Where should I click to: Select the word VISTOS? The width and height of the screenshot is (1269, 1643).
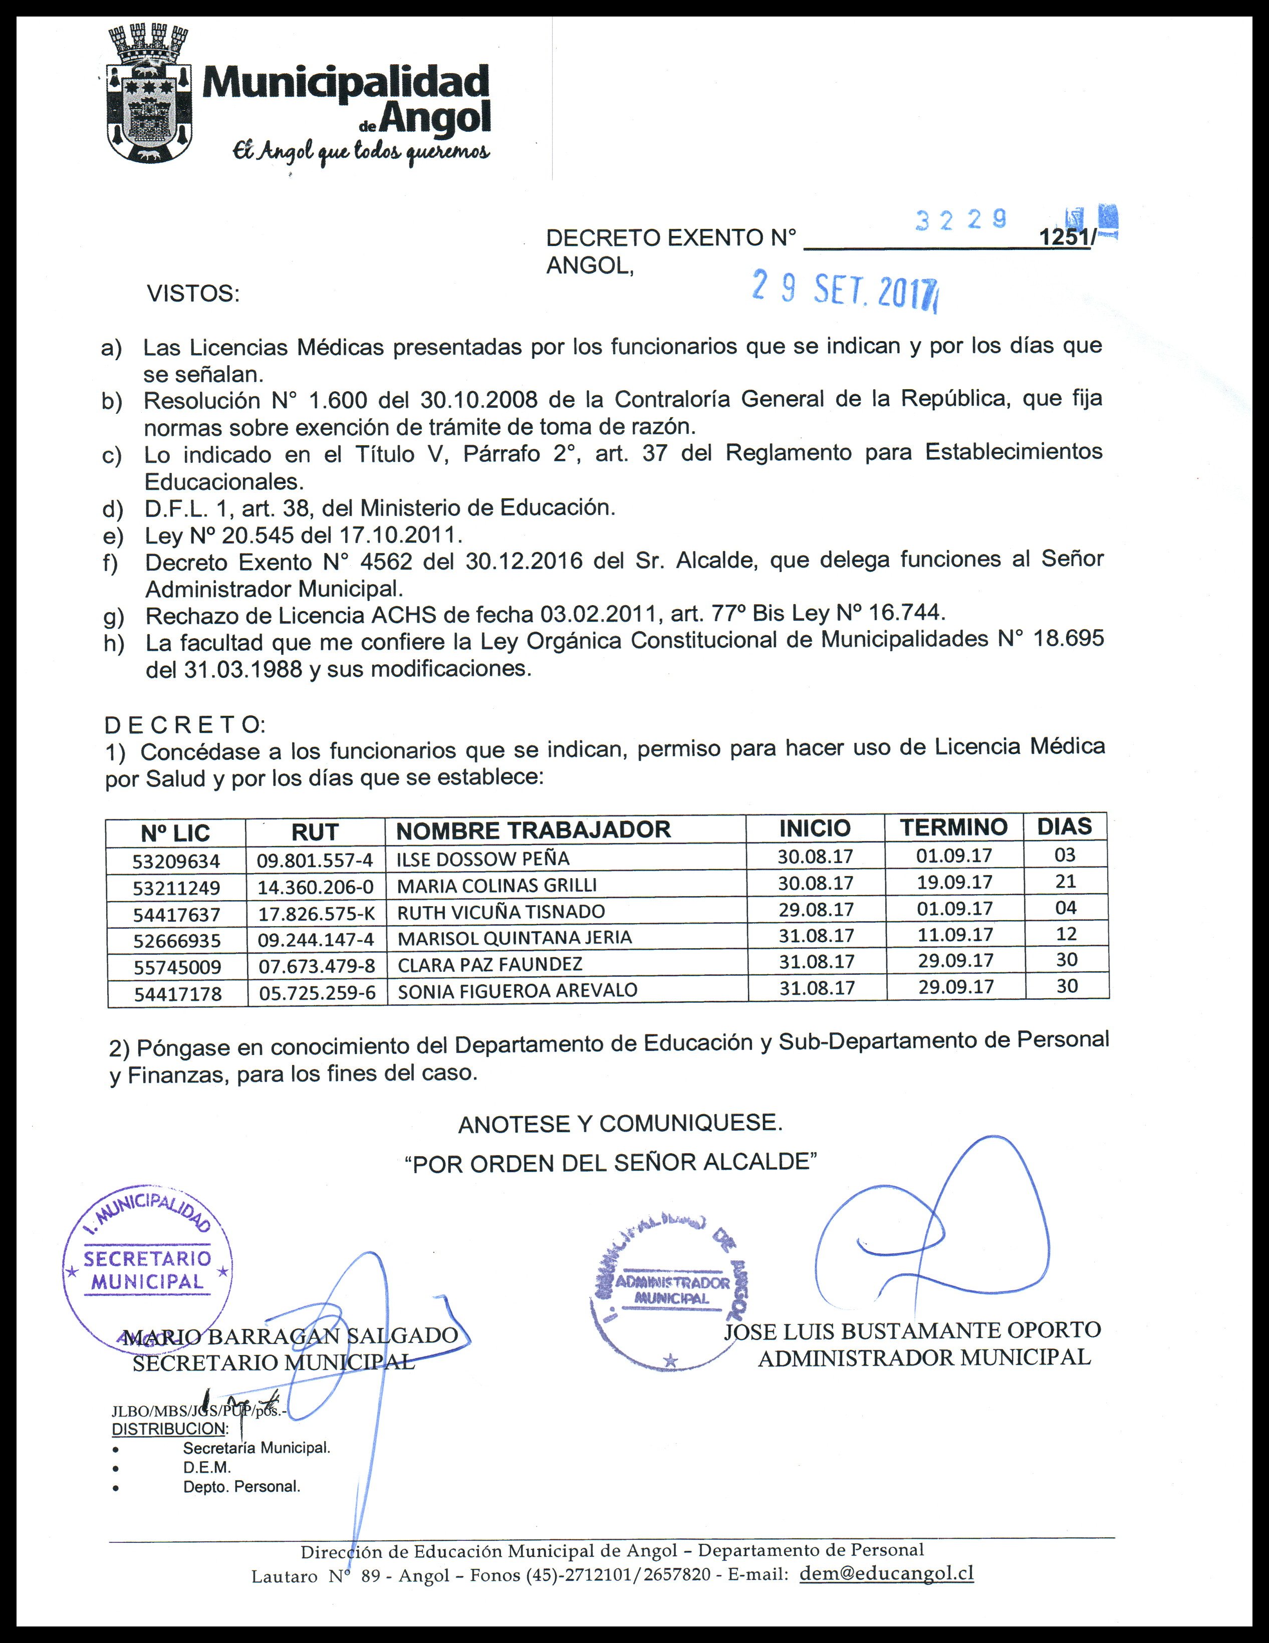192,294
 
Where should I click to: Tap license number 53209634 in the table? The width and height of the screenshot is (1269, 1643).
176,861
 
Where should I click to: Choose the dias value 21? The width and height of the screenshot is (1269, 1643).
1065,881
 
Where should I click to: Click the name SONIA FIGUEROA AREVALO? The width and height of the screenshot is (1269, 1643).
517,991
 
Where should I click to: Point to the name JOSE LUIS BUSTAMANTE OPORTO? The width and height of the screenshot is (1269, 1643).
912,1331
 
